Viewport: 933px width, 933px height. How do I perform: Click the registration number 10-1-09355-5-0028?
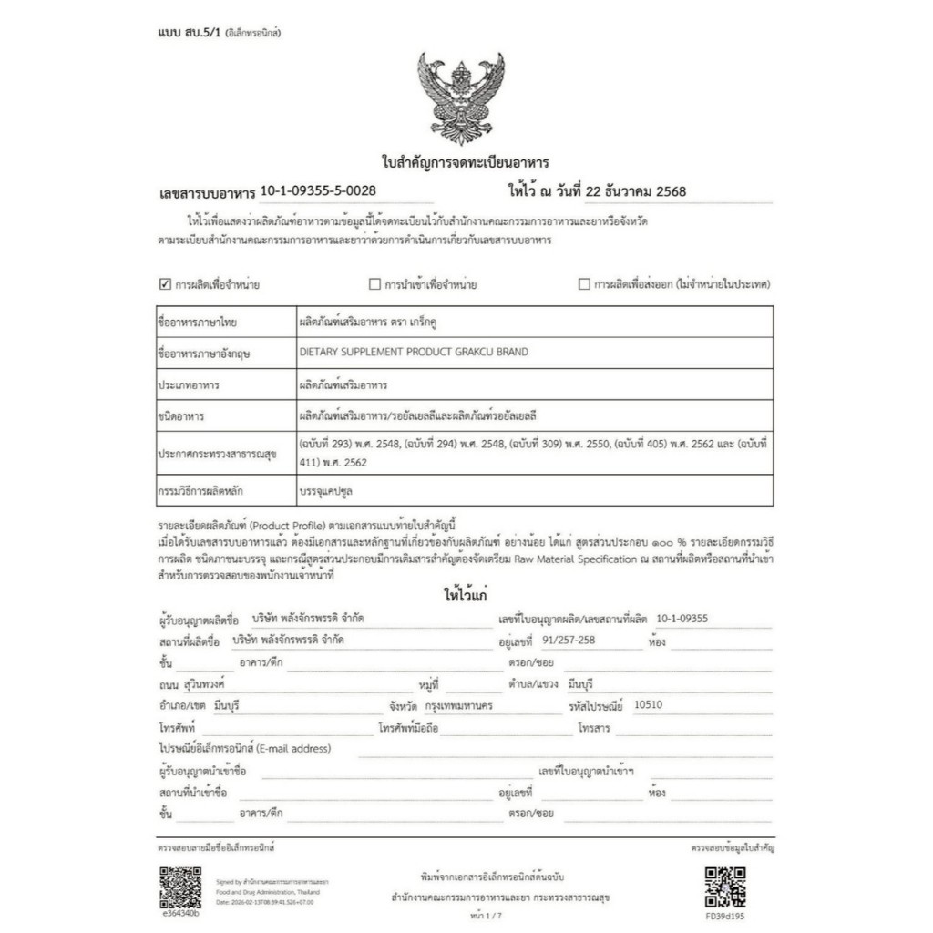tap(318, 190)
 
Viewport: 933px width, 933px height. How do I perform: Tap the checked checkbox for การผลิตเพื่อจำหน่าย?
tap(165, 283)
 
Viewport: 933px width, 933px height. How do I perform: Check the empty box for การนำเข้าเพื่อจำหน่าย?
tap(374, 283)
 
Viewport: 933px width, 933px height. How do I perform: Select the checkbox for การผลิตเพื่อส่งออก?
tap(584, 283)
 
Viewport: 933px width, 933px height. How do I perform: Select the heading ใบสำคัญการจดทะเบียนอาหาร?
tap(464, 163)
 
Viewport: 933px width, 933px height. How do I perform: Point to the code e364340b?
tap(179, 913)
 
